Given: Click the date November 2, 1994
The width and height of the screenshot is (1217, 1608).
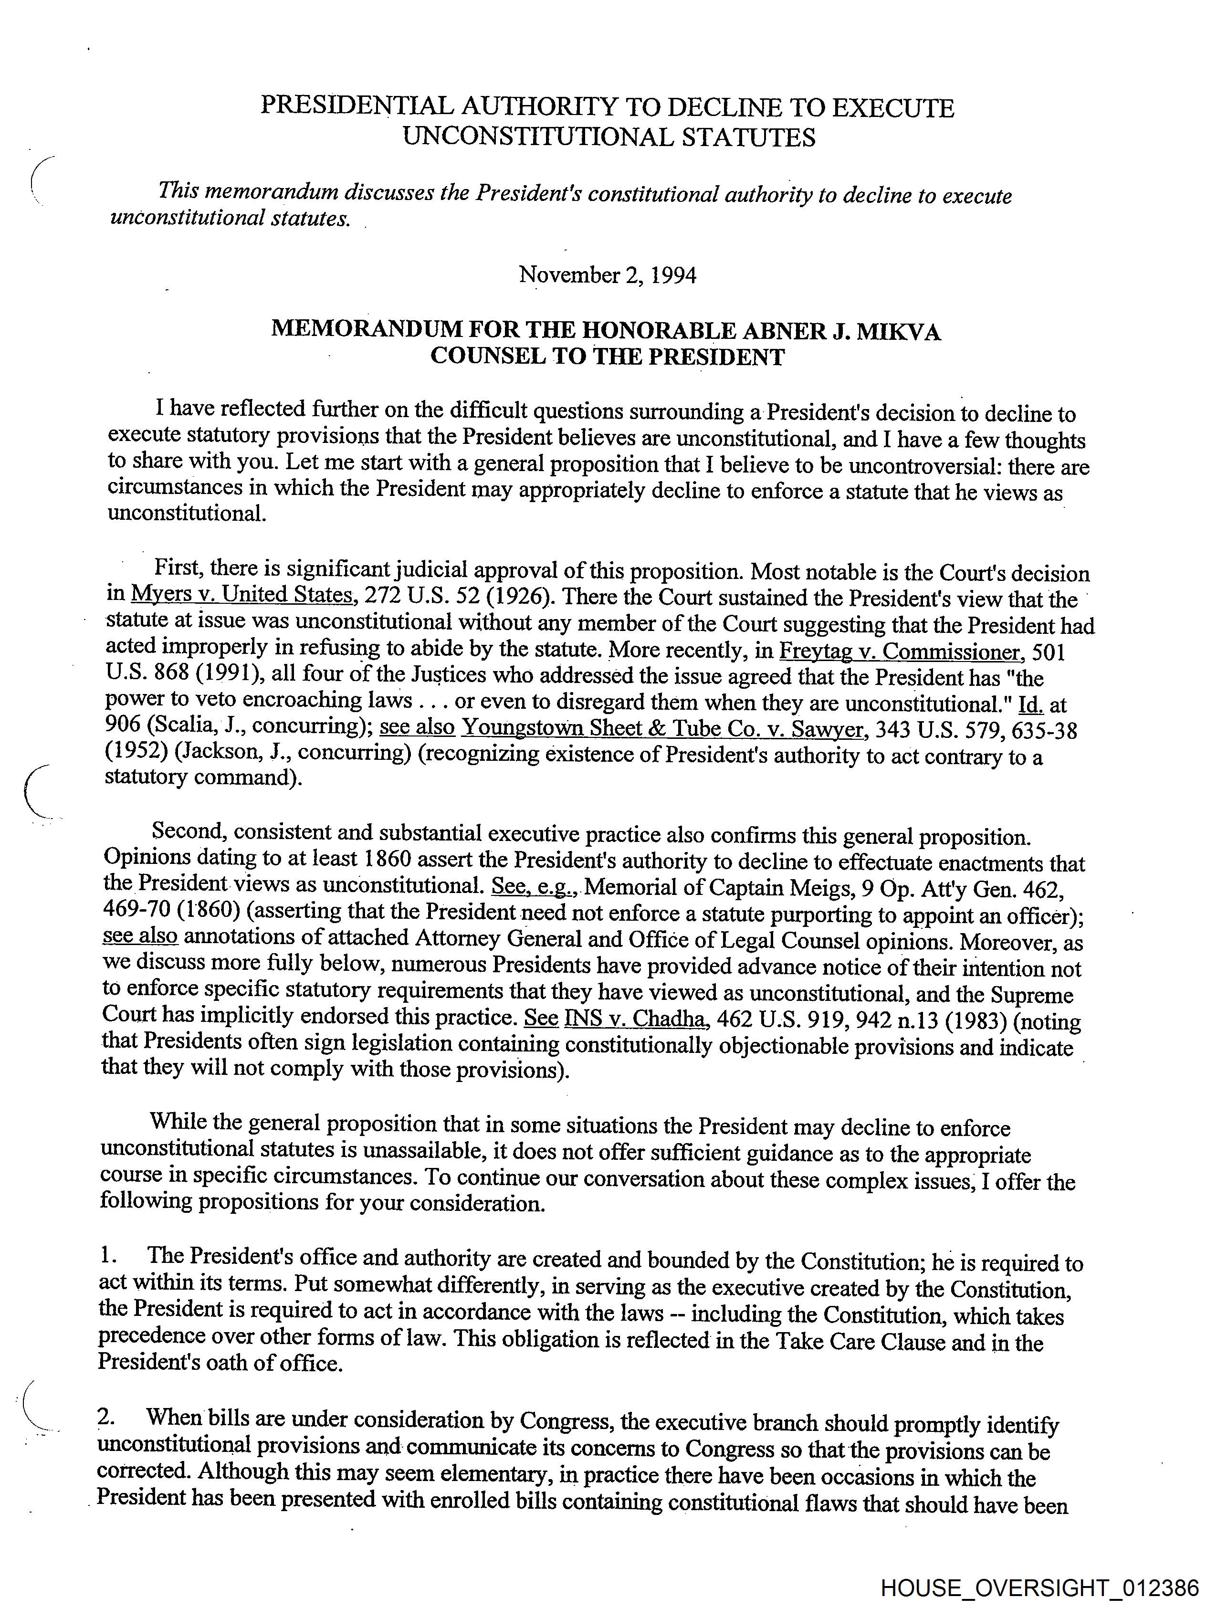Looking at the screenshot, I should pyautogui.click(x=607, y=275).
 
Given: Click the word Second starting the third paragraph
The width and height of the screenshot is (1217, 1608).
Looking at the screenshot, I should pyautogui.click(x=189, y=831).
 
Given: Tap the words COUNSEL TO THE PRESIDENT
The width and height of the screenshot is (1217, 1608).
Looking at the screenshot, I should pyautogui.click(x=607, y=357).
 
